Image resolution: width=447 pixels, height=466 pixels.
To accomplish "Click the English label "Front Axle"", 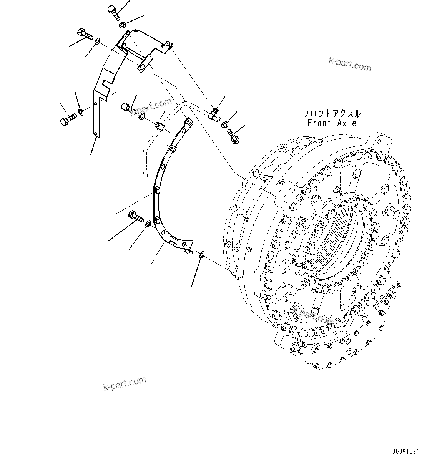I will (x=332, y=123).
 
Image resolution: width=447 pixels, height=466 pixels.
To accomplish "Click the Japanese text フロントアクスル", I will (x=332, y=114).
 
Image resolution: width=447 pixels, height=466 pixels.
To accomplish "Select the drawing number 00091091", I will (x=405, y=451).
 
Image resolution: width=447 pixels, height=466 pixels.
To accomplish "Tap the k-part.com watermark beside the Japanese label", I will (x=350, y=64).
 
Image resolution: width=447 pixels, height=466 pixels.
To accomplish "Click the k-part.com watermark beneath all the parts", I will (x=125, y=383).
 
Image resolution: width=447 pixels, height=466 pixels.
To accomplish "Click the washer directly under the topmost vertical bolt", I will (x=122, y=25).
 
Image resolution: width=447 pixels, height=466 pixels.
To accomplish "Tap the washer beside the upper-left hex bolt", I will (x=98, y=40).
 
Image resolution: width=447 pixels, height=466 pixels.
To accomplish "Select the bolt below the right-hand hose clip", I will (x=234, y=136).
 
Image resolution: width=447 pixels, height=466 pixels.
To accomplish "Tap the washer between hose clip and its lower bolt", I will (x=225, y=124).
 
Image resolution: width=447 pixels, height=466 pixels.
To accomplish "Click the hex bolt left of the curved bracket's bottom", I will (x=136, y=216).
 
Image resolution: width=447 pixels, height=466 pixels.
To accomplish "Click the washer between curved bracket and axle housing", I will (x=201, y=254).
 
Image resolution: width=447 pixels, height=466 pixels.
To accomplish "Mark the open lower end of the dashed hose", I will (x=145, y=176).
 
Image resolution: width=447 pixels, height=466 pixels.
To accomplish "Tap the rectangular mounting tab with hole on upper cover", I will (x=144, y=63).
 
